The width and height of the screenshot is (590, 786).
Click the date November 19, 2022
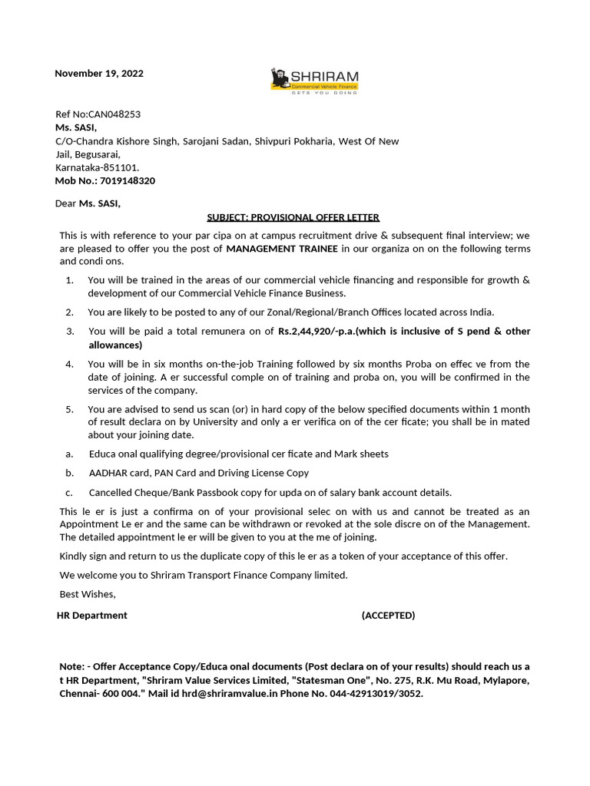[98, 74]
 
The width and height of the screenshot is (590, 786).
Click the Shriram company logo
[314, 80]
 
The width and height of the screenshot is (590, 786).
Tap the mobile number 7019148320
[127, 180]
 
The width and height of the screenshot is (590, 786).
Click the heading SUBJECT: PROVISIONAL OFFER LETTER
[293, 217]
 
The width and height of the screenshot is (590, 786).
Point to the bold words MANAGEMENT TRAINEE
[282, 248]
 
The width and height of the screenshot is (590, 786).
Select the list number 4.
[70, 364]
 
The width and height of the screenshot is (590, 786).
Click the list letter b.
[69, 473]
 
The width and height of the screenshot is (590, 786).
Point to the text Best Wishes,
[88, 593]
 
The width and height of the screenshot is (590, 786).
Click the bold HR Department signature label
[92, 616]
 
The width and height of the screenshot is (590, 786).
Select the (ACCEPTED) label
[388, 616]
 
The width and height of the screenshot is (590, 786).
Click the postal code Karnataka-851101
[98, 167]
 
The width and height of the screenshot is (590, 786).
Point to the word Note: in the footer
[73, 666]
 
